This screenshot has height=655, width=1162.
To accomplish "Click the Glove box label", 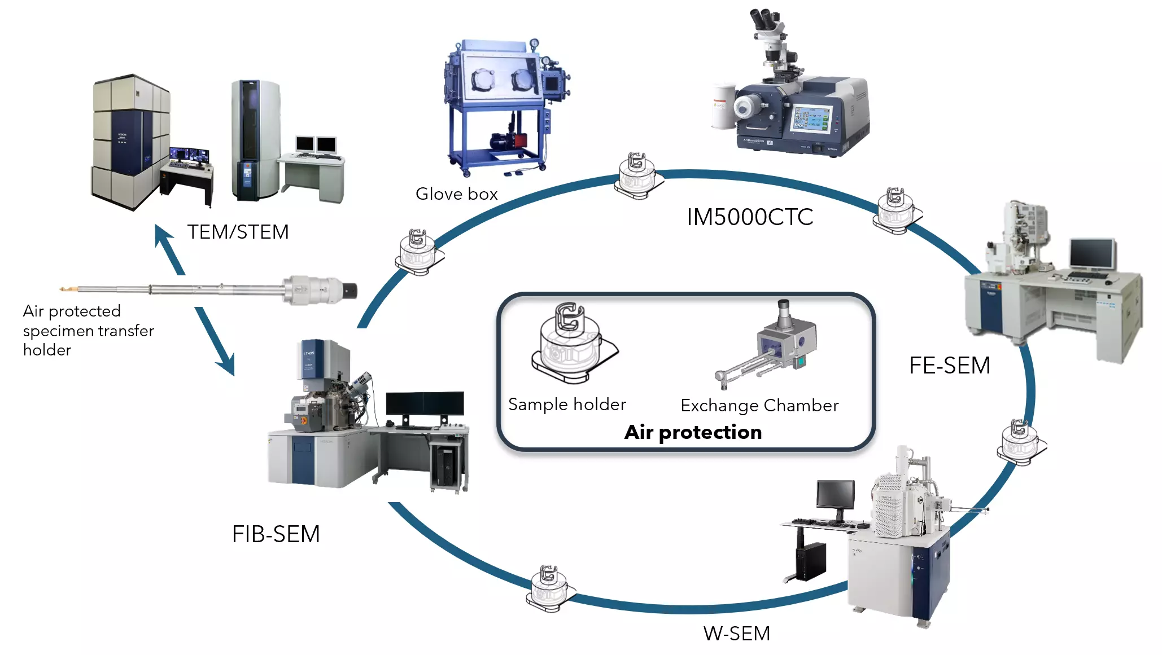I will pos(456,194).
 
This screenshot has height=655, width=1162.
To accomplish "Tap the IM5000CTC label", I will pos(749,217).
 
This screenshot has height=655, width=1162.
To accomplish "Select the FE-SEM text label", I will pos(949,366).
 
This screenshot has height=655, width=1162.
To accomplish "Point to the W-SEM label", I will pos(736,634).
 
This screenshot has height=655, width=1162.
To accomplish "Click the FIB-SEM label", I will pos(276,534).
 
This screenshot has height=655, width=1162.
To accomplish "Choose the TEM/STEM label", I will pos(238,232).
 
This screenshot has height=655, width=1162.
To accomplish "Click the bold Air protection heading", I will pos(693,432).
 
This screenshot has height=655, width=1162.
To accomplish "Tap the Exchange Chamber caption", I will pos(759,406).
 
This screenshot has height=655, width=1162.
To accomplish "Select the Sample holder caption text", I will pos(567,405).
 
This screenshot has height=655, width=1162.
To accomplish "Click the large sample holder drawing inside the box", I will pos(573,341).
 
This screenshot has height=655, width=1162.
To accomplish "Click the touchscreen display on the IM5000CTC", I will pos(812,119).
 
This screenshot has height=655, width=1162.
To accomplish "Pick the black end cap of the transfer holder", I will pos(350,291).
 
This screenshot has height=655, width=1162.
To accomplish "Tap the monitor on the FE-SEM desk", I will pos(1093,253).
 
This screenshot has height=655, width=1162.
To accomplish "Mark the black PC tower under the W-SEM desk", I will pos(811,561).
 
